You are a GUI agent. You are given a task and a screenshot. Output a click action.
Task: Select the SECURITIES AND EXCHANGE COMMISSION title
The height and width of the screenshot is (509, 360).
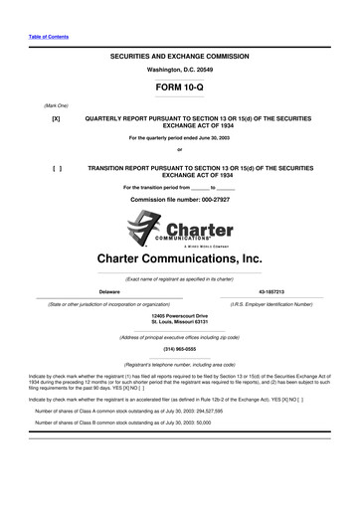[179, 59]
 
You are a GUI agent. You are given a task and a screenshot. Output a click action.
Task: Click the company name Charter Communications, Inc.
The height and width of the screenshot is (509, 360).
[179, 257]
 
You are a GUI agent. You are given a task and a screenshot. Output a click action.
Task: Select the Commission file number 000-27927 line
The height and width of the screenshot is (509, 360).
[179, 200]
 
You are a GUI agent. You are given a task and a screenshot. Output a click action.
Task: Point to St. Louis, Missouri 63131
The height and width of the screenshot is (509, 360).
[179, 322]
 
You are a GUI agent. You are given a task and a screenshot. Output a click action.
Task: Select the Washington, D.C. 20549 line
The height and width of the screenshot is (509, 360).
[179, 72]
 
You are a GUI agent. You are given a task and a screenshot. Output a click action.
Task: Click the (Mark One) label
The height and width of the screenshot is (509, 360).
[28, 104]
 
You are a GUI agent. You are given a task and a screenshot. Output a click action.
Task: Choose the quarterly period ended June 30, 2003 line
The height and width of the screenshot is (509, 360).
[179, 137]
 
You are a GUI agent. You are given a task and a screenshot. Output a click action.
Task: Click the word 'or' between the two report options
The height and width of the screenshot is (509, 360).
[179, 151]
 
